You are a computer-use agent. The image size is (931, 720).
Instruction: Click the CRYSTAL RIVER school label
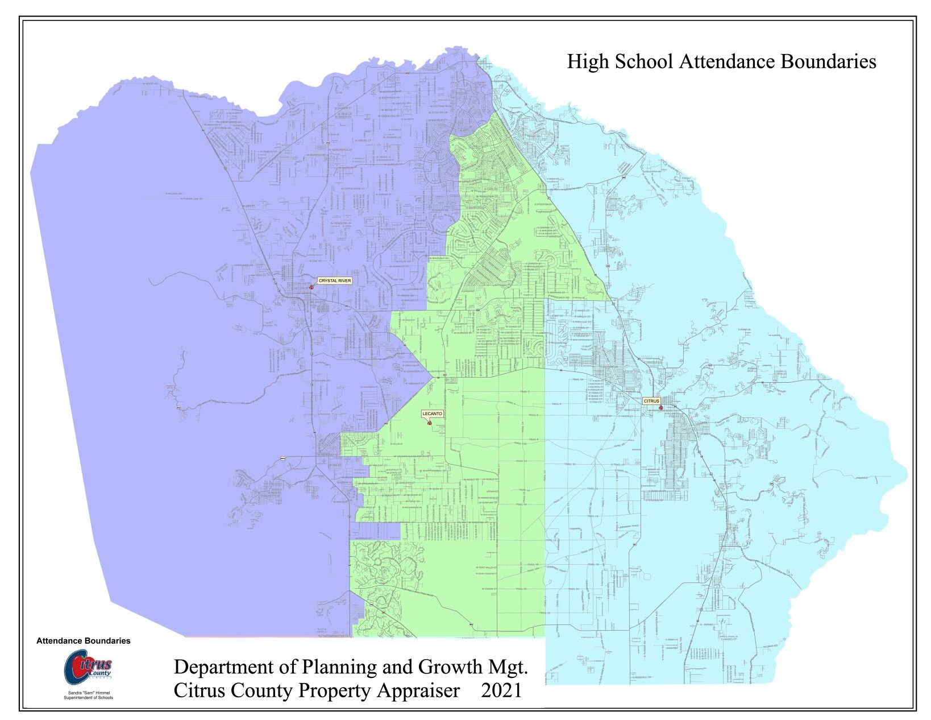pos(335,281)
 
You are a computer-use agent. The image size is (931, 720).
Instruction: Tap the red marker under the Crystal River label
pos(311,288)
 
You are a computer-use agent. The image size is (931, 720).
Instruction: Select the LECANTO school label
pos(432,413)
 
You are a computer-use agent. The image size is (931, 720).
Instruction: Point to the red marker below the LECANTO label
pos(429,423)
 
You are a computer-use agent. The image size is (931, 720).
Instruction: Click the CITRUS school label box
pos(651,401)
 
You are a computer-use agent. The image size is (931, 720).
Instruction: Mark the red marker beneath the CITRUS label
pos(660,408)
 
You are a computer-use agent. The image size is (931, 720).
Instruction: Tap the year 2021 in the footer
pos(501,691)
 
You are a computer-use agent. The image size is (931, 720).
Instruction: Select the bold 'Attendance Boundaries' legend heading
pos(83,641)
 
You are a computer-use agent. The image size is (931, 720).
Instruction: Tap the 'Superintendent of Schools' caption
pos(88,698)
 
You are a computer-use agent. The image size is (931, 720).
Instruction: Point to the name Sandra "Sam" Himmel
pos(88,693)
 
